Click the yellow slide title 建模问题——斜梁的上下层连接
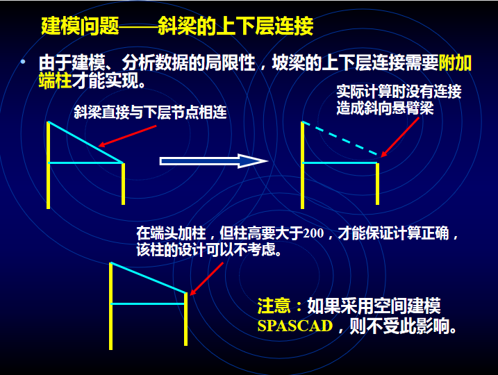(177, 26)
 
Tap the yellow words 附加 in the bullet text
(455, 63)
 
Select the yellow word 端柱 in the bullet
(55, 81)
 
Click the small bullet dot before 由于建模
(23, 62)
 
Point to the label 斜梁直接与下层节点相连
(150, 112)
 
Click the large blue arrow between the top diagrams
(214, 161)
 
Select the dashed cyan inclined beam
(340, 138)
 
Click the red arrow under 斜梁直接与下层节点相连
(127, 136)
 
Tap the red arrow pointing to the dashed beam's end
(400, 137)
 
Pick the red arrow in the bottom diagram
(206, 278)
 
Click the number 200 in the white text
(313, 233)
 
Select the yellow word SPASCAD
(295, 326)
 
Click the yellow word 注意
(274, 306)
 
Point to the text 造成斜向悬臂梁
(385, 108)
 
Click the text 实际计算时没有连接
(399, 92)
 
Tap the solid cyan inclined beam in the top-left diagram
(85, 142)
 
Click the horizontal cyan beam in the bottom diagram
(148, 304)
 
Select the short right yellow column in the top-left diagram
(123, 184)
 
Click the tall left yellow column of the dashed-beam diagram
(302, 165)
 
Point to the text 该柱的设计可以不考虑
(208, 250)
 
